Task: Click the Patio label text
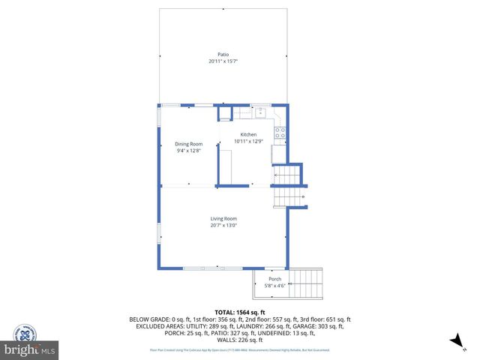(223, 54)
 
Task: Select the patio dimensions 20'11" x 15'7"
(223, 61)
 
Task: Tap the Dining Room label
(189, 144)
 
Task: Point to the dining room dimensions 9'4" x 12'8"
(189, 151)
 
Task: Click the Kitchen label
(248, 134)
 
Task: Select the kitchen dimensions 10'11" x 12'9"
(248, 141)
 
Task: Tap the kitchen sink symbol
(260, 112)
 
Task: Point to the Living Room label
(223, 218)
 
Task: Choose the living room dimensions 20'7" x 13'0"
(223, 225)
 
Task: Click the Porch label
(275, 279)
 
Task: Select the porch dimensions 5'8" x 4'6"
(275, 286)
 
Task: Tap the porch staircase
(305, 284)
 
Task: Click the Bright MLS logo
(30, 349)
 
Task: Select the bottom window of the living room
(202, 268)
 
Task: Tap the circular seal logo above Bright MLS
(27, 331)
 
